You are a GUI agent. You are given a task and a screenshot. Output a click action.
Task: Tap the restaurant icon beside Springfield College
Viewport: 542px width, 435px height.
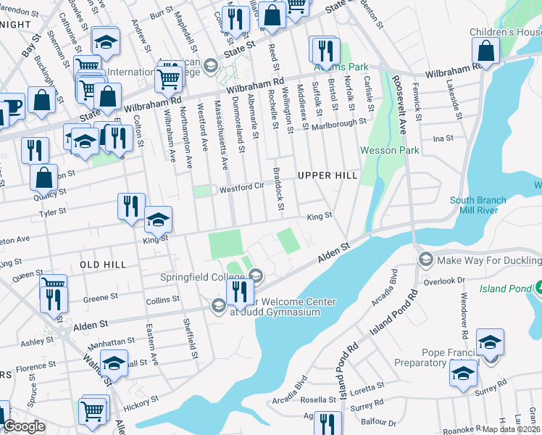238,291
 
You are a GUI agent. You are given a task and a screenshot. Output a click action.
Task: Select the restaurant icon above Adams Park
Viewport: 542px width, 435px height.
324,49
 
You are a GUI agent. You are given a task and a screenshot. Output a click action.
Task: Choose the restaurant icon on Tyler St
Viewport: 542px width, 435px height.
131,206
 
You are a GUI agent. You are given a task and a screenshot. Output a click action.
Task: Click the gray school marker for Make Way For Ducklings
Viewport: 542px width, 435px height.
425,259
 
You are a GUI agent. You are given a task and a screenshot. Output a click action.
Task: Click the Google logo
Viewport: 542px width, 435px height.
25,426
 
